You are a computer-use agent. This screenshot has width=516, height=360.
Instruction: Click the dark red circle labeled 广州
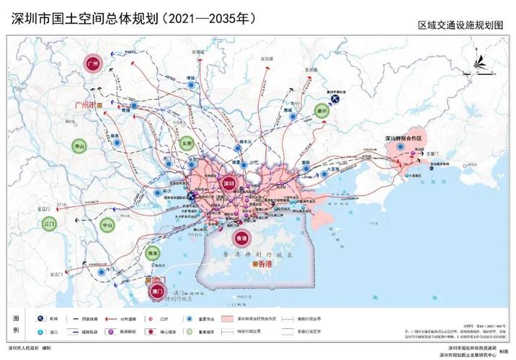(x=92, y=64)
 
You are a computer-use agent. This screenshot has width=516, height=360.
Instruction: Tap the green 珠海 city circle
(x=153, y=253)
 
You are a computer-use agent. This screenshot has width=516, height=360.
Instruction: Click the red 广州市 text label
(x=85, y=104)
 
